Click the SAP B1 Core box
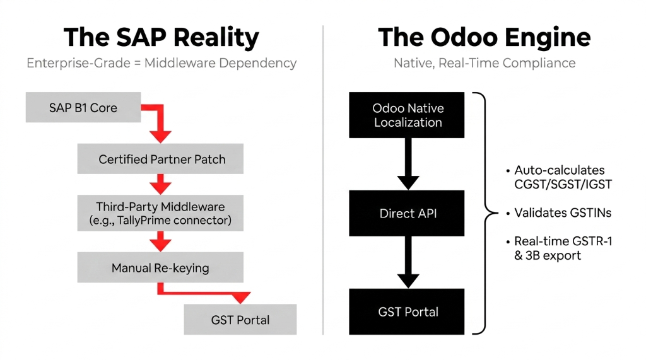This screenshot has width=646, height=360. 83,107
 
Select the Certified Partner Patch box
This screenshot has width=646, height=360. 161,159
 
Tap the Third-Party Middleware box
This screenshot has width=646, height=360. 161,213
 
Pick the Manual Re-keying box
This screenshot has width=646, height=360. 160,268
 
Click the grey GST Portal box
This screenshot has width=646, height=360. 240,320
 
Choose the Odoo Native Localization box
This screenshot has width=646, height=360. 407,115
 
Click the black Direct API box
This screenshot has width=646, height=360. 407,214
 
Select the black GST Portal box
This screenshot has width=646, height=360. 407,311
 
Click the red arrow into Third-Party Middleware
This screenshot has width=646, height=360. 161,185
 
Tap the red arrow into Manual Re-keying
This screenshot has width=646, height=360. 161,241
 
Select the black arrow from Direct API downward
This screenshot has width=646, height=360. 408,262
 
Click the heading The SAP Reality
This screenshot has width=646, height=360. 161,38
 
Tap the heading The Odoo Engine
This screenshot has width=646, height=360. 484,38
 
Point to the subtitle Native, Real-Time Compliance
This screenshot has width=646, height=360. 484,63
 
